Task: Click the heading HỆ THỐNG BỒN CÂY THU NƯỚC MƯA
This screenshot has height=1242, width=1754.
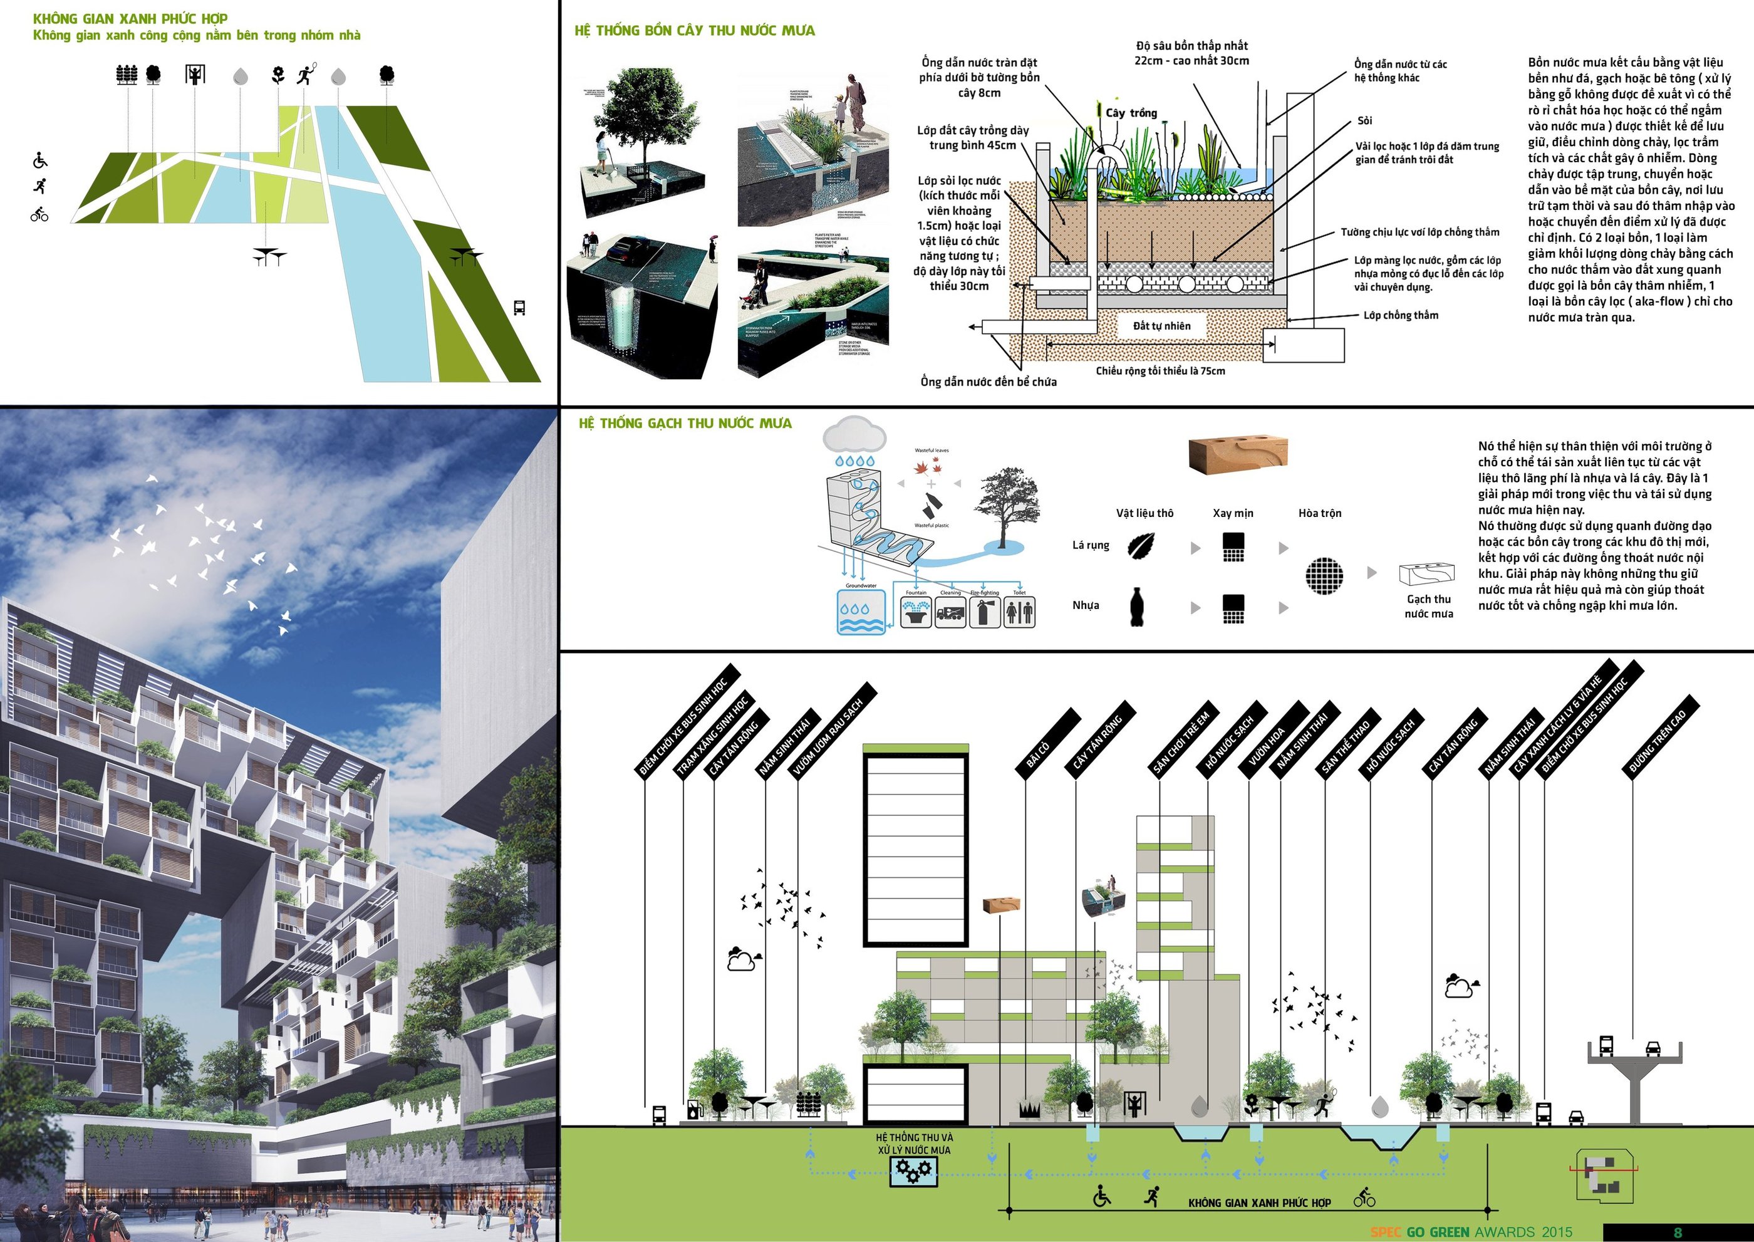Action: pos(694,31)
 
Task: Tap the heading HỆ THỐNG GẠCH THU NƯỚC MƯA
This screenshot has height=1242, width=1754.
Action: pos(685,423)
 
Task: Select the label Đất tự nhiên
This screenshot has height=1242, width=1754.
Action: pos(1161,326)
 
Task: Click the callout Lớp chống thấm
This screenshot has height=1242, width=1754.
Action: pos(1401,315)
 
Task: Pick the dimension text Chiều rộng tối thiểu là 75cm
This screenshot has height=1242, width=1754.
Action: pos(1160,371)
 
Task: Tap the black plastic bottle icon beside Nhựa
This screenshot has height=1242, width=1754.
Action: pos(1137,607)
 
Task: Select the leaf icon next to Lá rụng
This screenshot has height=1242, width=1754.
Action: pos(1141,546)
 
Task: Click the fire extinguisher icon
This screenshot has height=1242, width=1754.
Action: pos(984,613)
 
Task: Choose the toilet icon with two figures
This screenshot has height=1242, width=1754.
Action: pos(1019,613)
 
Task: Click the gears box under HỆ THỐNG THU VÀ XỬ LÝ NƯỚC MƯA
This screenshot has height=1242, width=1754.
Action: pos(914,1170)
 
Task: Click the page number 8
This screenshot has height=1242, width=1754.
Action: pos(1678,1232)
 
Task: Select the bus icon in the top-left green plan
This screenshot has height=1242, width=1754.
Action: pos(519,308)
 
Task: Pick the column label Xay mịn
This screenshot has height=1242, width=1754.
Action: pos(1233,513)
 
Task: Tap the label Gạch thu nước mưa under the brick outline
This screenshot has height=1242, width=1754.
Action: pos(1428,607)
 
